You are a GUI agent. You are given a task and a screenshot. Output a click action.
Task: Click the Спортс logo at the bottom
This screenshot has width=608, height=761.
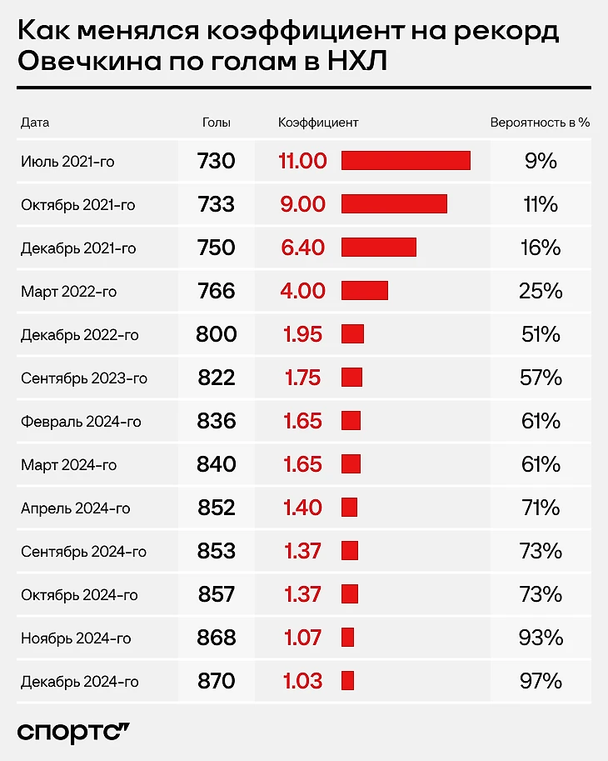coord(74,731)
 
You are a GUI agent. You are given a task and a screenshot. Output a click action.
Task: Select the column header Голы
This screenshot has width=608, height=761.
coord(217,123)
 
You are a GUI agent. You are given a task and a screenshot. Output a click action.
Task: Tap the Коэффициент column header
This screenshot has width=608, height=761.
coord(318,123)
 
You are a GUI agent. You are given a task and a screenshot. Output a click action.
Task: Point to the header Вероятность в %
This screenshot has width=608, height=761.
coord(540,123)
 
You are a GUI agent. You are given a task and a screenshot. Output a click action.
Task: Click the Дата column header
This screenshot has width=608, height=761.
coord(35,123)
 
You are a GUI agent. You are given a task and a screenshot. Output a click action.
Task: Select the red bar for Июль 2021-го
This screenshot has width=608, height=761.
coord(406,161)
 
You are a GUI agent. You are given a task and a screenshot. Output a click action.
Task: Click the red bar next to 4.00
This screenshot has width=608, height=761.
coord(365,291)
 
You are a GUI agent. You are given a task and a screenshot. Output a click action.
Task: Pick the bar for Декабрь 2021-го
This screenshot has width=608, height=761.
coord(379,248)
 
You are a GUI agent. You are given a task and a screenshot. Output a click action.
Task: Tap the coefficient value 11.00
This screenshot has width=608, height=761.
coord(303,161)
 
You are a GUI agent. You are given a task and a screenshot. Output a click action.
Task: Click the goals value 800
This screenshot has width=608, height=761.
coord(217,334)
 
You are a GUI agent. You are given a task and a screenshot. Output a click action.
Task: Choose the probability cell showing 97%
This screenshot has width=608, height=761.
coord(541,681)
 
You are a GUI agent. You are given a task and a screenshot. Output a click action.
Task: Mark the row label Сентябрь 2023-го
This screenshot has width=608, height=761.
coord(84,378)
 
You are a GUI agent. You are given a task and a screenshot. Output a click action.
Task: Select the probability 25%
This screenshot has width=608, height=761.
coord(541,291)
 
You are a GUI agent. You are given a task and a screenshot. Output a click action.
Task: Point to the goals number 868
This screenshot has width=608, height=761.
coord(217,638)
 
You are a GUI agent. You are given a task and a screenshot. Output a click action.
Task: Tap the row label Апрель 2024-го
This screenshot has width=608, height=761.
coord(76,508)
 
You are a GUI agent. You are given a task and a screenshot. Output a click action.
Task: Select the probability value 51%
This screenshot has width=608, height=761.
coord(541,334)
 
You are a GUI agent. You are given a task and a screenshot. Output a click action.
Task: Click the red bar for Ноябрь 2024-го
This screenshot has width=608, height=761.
coord(348,638)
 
